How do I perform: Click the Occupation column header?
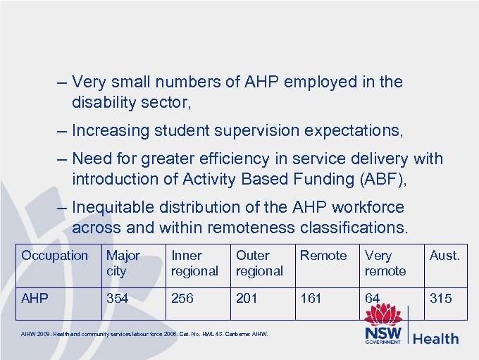[54, 256]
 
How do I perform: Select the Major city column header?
[123, 263]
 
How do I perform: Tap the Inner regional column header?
[194, 263]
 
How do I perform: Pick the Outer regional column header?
[259, 263]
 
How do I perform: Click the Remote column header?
[323, 256]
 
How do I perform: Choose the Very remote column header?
[385, 263]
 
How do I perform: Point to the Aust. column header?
[444, 256]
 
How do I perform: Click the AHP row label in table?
[35, 299]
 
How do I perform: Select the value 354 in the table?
[118, 299]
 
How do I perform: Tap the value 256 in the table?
[182, 299]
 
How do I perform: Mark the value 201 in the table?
[247, 299]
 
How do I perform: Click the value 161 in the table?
[311, 299]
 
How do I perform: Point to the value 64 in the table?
[373, 299]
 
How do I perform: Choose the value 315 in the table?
[441, 299]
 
